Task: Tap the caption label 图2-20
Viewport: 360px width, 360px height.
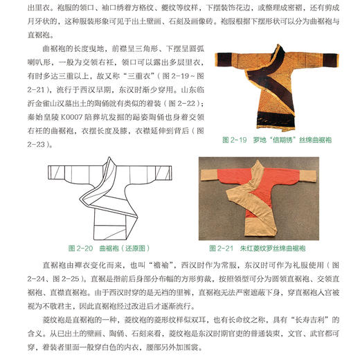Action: (x=80, y=247)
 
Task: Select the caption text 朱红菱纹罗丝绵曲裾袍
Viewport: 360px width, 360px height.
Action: (x=269, y=247)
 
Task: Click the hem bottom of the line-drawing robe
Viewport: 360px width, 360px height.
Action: (x=118, y=233)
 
